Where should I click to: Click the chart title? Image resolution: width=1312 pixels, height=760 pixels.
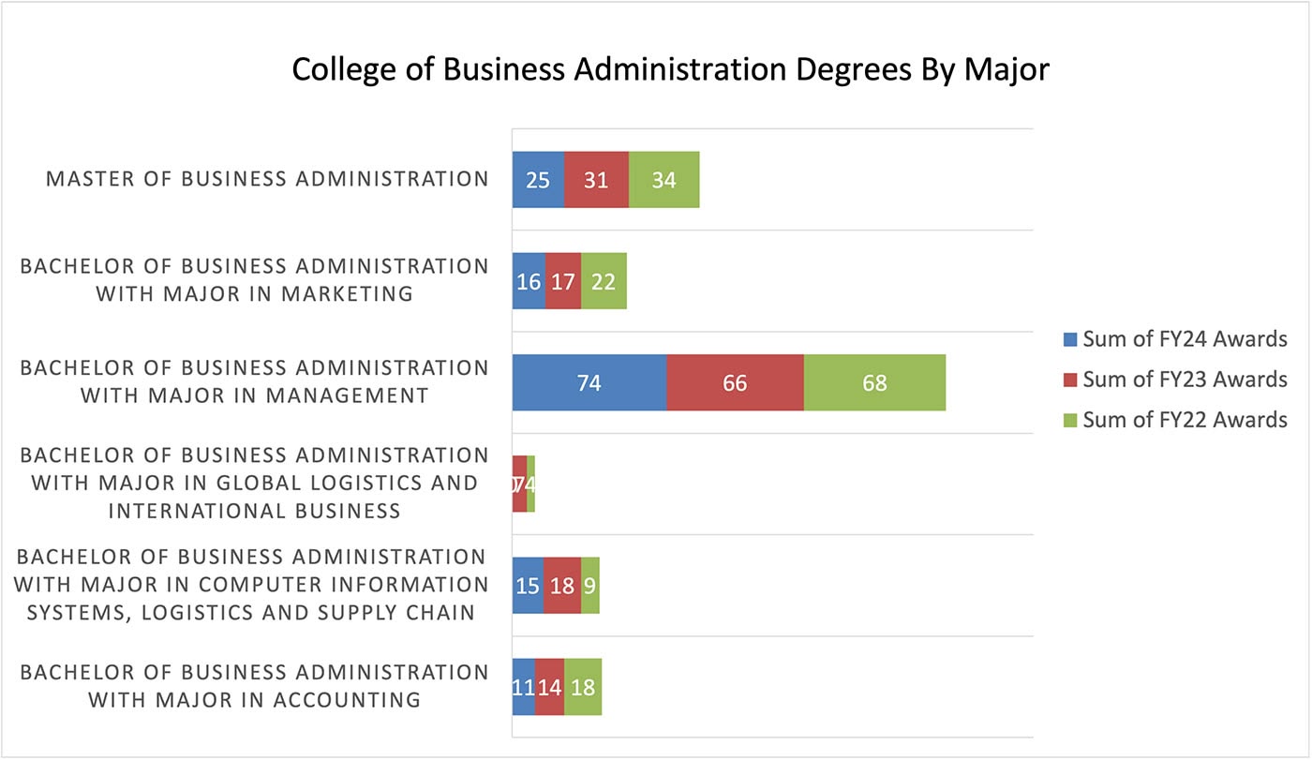coord(670,69)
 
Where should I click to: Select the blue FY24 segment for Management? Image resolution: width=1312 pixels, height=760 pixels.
coord(589,382)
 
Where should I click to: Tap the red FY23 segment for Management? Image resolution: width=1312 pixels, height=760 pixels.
coord(735,382)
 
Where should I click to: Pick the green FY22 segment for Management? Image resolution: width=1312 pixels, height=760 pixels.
coord(874,382)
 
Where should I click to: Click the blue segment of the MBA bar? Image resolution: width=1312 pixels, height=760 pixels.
coord(538,180)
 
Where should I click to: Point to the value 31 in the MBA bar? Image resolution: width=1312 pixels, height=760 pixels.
coord(596,180)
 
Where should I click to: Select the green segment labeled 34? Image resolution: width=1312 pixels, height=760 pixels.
coord(663,180)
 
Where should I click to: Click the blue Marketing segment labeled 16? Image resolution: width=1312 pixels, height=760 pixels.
coord(529,281)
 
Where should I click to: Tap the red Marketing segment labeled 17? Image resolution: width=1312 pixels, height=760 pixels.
coord(562,281)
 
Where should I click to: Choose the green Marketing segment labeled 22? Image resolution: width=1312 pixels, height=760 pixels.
coord(604,281)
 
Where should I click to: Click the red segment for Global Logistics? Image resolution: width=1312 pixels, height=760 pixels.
coord(519,484)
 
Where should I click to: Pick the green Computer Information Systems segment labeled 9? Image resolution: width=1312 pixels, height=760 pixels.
coord(589,585)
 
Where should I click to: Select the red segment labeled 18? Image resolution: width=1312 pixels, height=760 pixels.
coord(561,585)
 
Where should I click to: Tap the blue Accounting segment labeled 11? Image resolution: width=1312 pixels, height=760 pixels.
coord(523,686)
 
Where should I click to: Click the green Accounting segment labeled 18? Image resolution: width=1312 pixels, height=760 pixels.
coord(583,686)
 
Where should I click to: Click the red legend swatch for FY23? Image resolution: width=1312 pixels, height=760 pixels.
coord(1070,380)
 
